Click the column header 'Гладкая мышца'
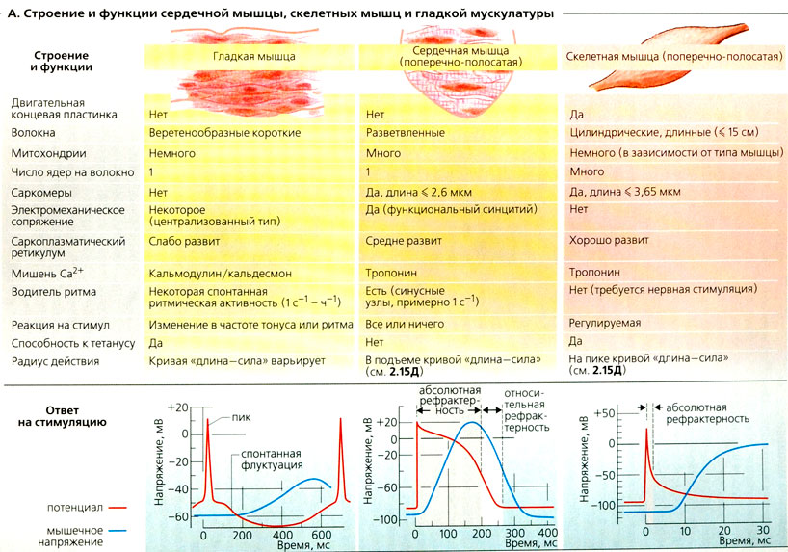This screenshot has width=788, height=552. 253,57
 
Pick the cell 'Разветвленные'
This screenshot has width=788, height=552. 407,133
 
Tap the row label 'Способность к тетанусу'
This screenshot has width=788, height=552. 75,341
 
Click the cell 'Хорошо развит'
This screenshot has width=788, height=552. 610,239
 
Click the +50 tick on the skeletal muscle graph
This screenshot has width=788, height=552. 603,412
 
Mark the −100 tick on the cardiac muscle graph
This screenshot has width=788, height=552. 384,518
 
